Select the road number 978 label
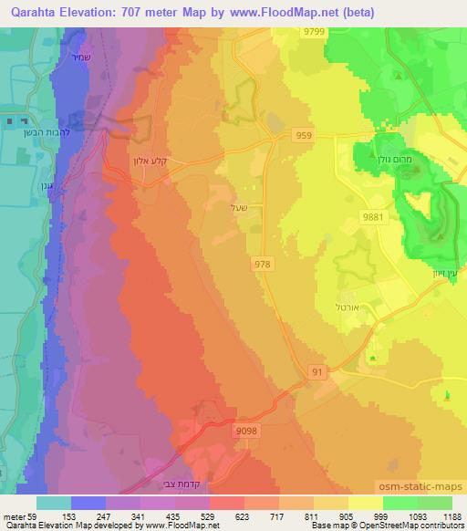click(261, 264)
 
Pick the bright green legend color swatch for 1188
click(435, 502)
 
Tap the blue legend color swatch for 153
click(88, 502)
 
